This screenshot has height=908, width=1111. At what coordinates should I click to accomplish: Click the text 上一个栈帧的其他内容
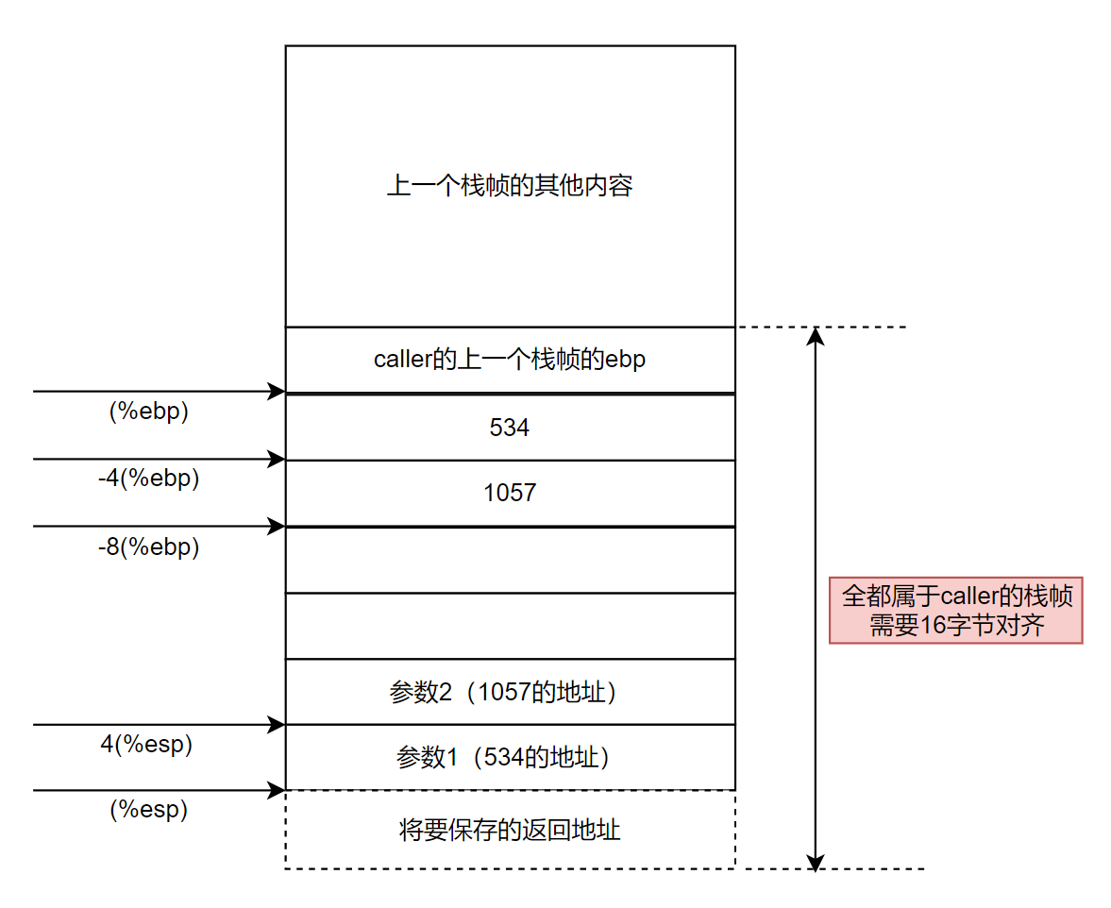510,185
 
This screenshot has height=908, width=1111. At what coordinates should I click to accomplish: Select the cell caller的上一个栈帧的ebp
510,360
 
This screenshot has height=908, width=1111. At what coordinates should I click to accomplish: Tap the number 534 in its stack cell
510,428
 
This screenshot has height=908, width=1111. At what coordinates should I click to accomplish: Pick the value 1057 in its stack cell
510,493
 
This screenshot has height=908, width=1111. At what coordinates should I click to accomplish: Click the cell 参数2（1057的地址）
510,692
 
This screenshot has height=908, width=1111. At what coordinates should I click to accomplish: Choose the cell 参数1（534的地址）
510,757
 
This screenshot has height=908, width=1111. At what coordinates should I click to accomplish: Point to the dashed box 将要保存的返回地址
510,830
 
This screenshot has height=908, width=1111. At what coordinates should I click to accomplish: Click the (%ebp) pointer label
149,412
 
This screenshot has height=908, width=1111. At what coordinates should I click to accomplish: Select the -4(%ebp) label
149,479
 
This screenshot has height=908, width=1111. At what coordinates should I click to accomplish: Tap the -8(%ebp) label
149,546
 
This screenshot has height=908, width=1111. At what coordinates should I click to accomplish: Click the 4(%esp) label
146,744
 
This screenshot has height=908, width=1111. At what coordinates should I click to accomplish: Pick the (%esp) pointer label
149,809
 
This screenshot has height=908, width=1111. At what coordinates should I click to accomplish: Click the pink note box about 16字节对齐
955,611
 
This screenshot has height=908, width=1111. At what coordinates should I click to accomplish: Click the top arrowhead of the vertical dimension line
816,335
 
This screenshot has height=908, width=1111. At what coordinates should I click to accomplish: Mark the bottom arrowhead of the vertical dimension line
816,861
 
